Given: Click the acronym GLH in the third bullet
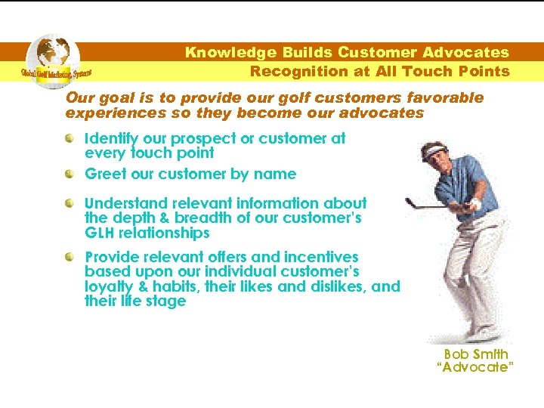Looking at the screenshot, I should tap(100, 233).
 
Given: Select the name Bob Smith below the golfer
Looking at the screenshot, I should tap(476, 354).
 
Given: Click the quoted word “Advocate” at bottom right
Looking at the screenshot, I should tap(476, 367).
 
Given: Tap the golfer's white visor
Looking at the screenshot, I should tap(430, 152).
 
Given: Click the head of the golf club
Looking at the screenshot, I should tap(409, 202).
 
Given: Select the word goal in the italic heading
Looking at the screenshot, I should tap(111, 98).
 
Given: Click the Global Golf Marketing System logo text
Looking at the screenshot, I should tap(56, 73).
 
